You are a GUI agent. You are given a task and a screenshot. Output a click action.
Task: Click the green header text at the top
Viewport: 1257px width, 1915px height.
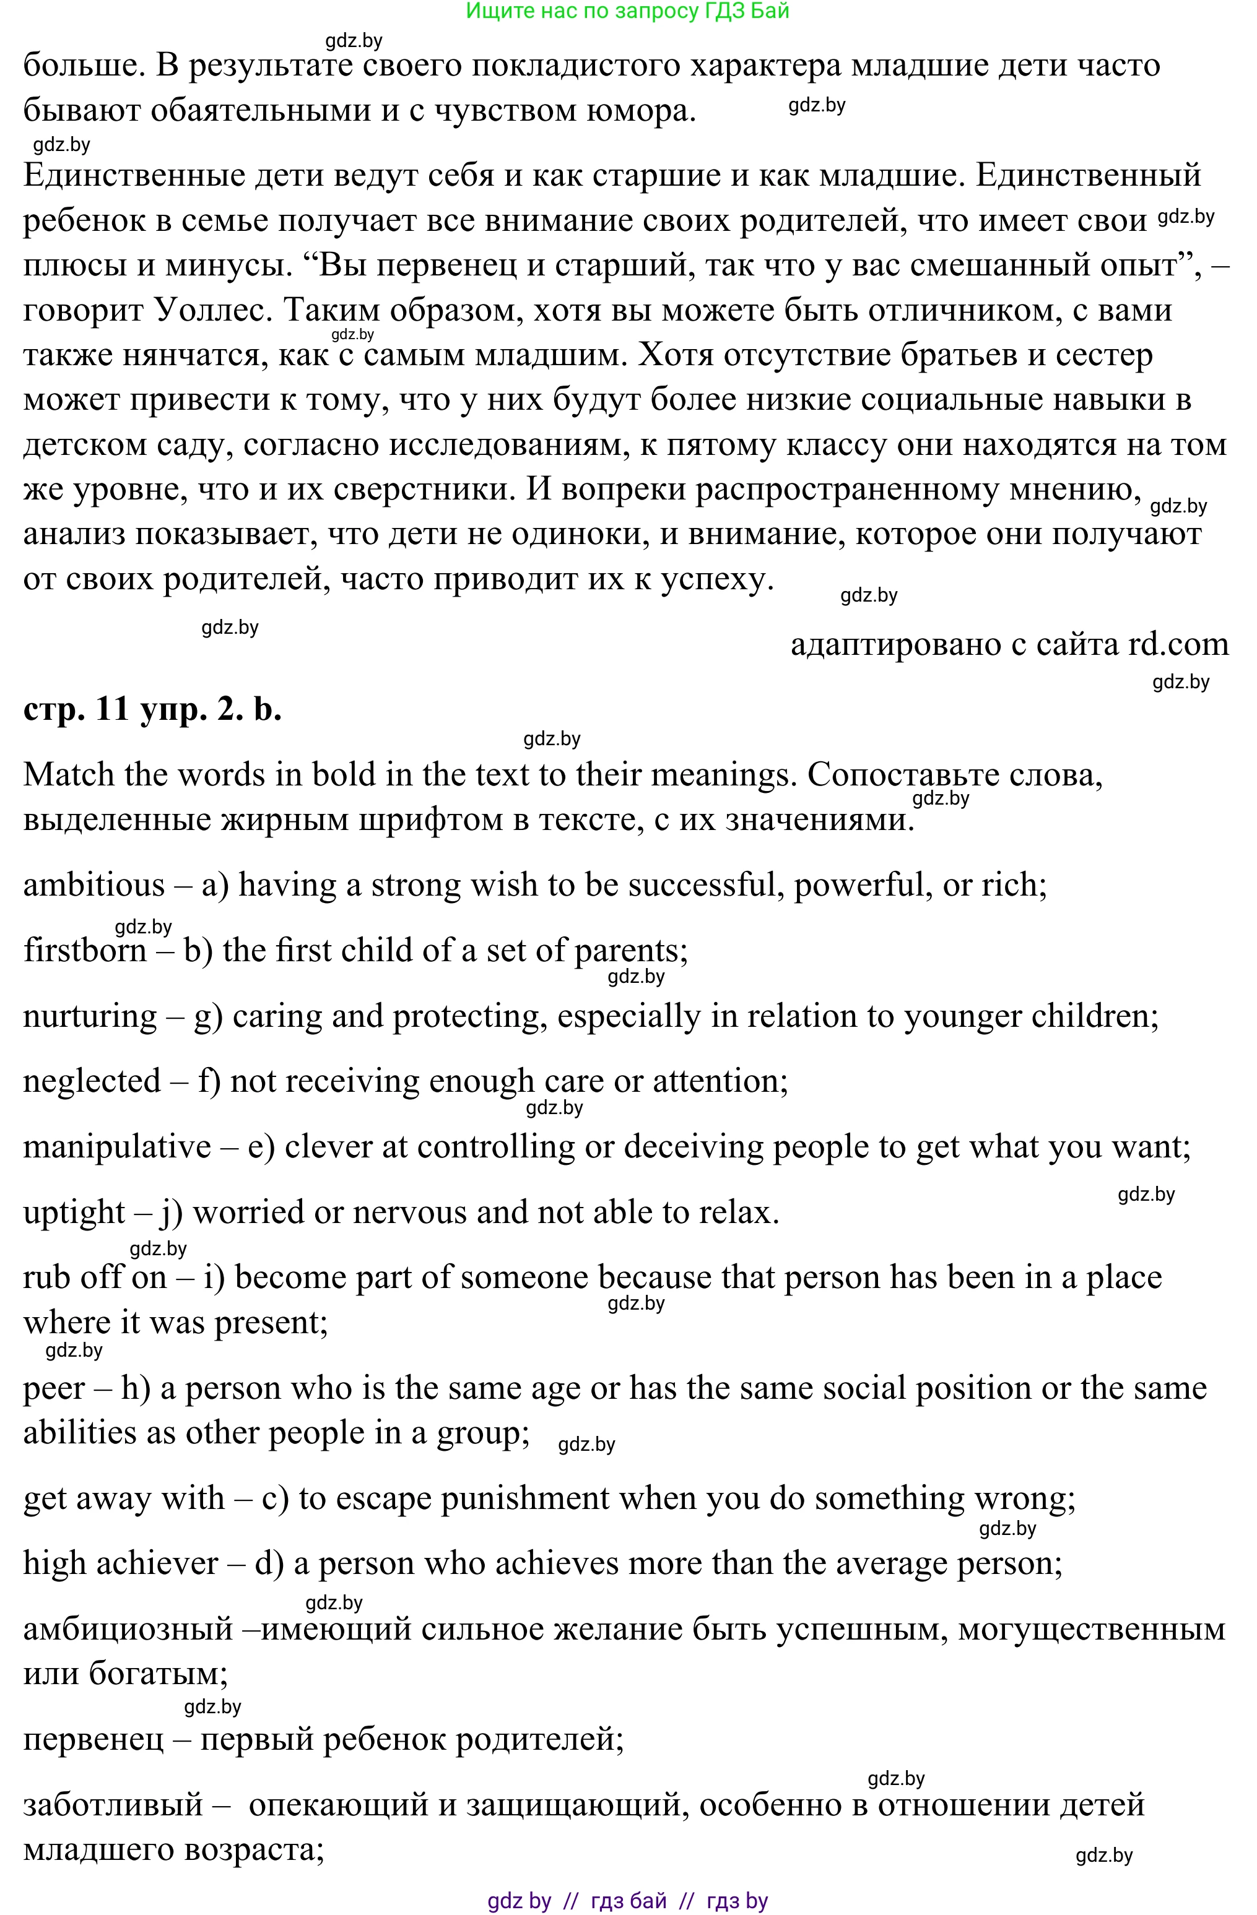(x=628, y=11)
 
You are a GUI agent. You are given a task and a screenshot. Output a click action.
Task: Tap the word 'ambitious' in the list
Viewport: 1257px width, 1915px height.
(x=94, y=885)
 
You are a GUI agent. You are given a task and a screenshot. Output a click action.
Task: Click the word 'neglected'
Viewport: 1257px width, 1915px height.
(x=92, y=1081)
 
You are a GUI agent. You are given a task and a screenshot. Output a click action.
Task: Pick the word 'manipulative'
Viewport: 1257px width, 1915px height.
(x=116, y=1146)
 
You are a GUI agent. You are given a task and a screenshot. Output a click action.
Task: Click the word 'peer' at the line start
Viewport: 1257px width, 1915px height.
(x=54, y=1388)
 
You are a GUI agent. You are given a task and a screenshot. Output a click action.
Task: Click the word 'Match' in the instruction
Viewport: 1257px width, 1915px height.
(x=68, y=775)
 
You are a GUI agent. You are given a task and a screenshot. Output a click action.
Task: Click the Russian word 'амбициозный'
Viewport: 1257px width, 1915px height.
(x=128, y=1629)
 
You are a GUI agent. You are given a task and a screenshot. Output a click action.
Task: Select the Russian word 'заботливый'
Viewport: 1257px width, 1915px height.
(x=113, y=1805)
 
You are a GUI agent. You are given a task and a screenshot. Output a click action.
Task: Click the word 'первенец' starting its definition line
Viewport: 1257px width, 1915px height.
(x=94, y=1740)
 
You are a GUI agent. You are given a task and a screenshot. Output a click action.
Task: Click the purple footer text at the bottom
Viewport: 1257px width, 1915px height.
(x=628, y=1901)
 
